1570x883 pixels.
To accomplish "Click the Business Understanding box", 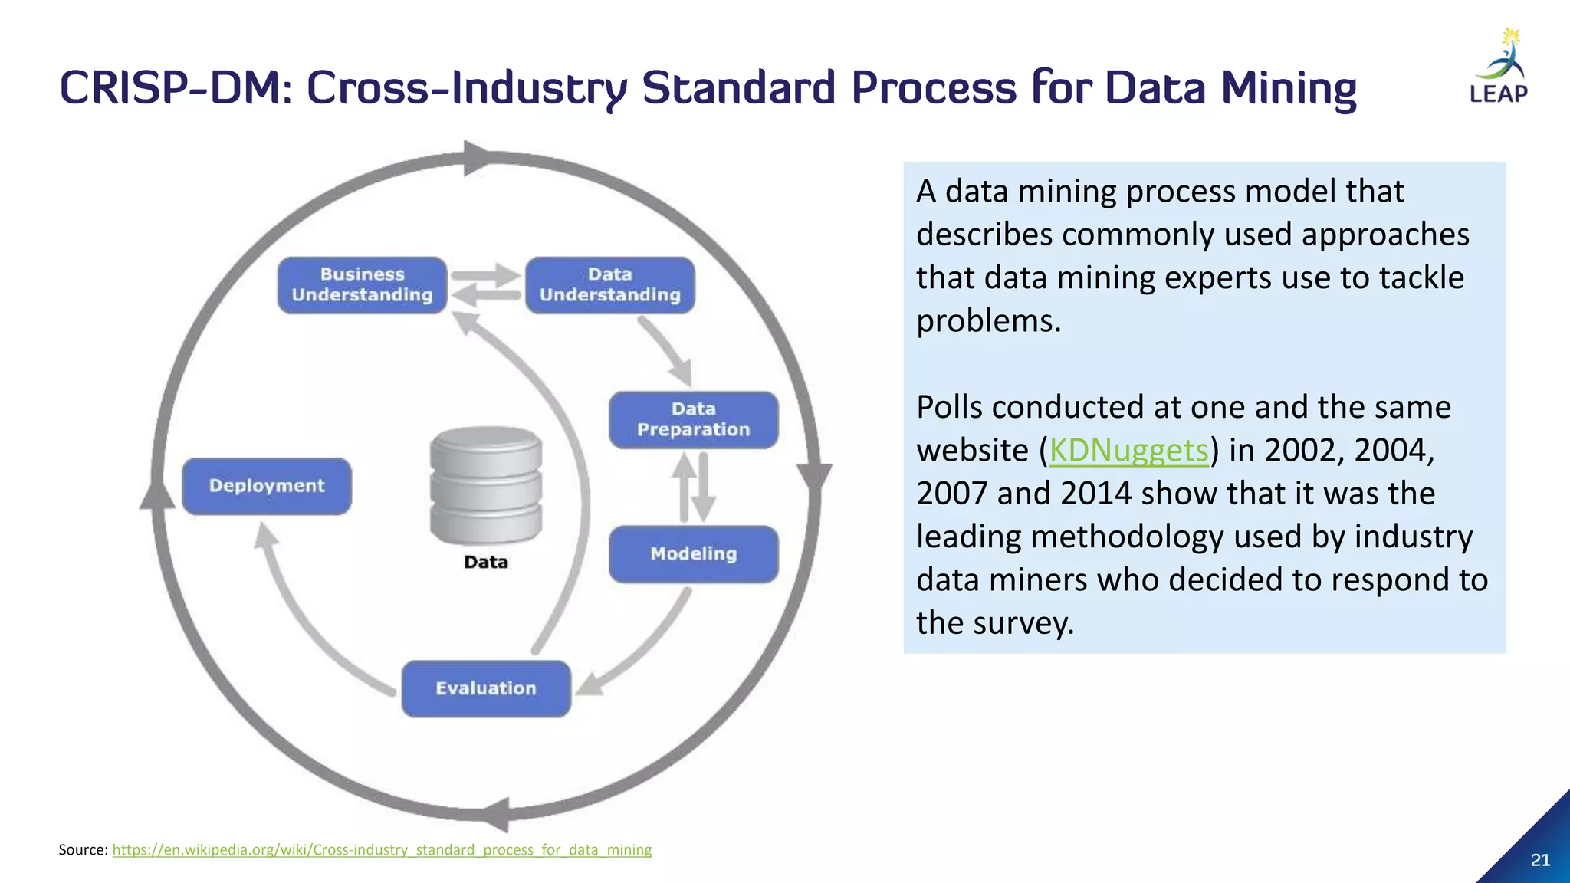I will click(x=362, y=285).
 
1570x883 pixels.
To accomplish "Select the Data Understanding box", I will click(x=609, y=285).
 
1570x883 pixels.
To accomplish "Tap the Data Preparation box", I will click(x=693, y=420).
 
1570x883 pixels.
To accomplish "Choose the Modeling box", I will click(x=693, y=554).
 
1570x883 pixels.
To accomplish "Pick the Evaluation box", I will click(x=486, y=688).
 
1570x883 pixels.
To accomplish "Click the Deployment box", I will click(x=267, y=486).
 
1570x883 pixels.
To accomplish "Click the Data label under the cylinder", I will click(x=486, y=563).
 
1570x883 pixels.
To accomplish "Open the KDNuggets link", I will click(x=1128, y=451).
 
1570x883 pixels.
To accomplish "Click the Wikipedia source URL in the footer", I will click(x=382, y=849).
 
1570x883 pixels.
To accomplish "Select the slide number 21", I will click(x=1540, y=860).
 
